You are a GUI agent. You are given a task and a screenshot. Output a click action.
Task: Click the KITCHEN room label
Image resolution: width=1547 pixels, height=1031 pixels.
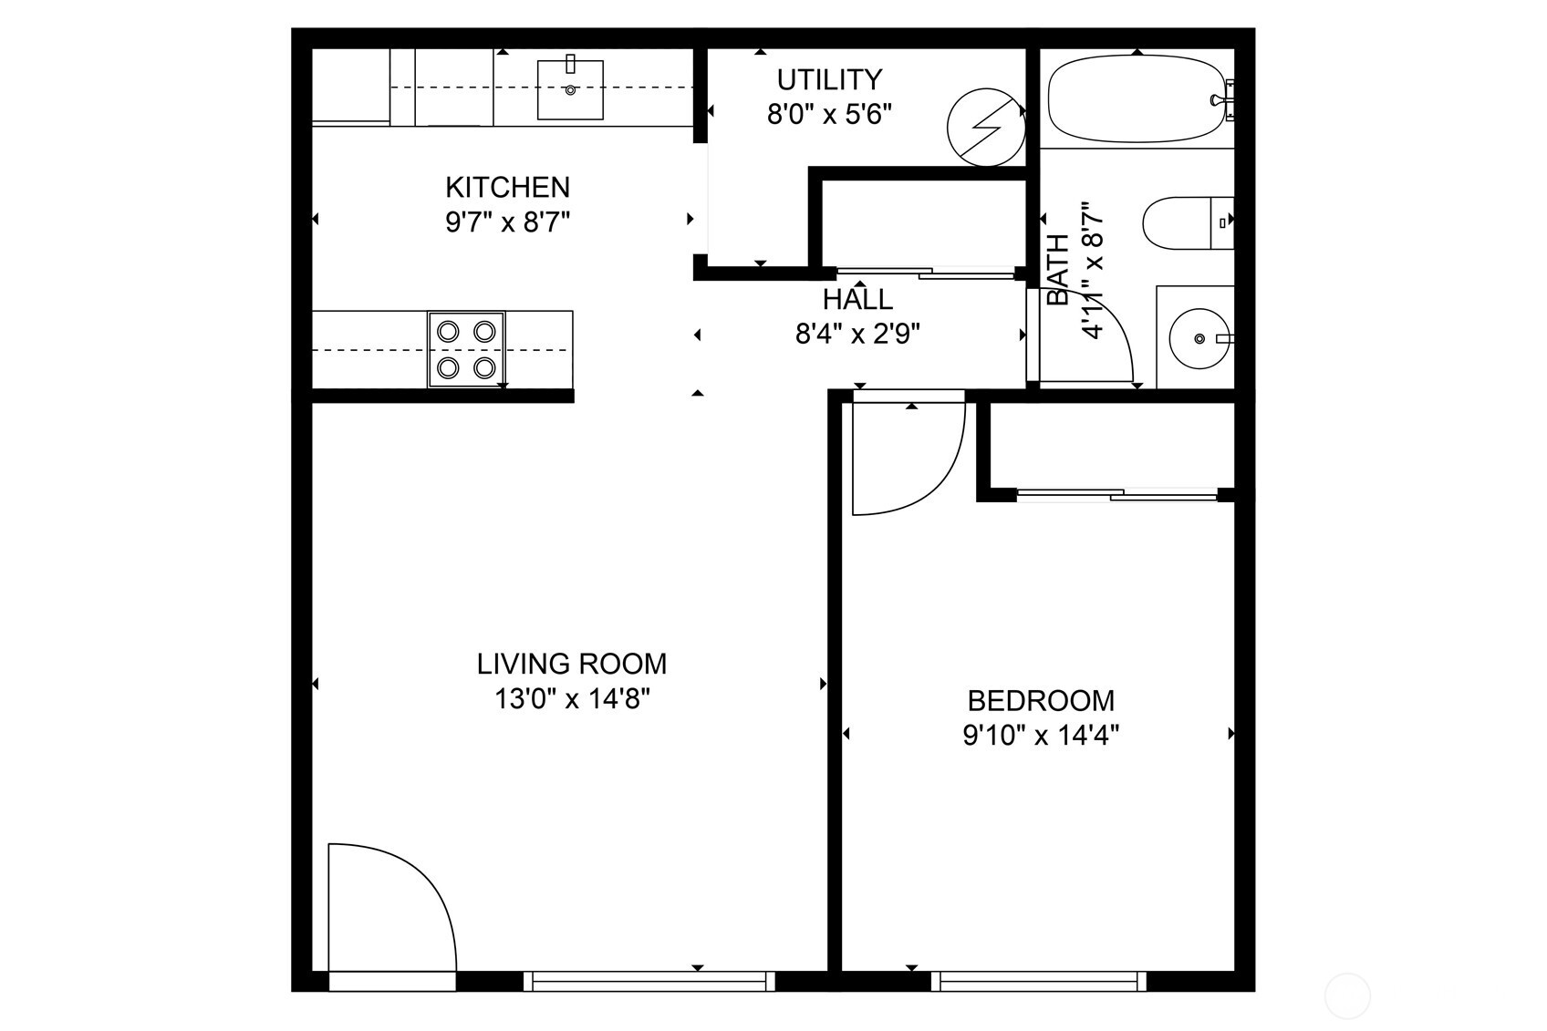click(507, 187)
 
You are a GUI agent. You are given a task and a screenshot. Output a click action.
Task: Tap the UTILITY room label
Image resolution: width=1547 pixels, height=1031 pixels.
click(829, 80)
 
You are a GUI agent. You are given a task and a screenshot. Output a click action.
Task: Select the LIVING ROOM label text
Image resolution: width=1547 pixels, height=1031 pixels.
click(572, 664)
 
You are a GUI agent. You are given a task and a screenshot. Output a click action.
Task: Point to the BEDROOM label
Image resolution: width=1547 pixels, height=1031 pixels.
click(1041, 701)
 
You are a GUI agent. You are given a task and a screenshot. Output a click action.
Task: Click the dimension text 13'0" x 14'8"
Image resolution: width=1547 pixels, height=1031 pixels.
click(572, 699)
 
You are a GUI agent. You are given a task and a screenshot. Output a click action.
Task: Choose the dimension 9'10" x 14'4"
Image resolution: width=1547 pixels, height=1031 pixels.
click(1041, 735)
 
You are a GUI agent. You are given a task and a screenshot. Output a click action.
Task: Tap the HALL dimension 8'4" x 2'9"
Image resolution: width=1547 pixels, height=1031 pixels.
click(857, 335)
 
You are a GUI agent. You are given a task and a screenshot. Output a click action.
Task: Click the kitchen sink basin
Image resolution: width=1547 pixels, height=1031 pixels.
click(570, 89)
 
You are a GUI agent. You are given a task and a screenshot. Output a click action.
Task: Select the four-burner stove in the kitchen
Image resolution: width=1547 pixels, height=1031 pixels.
click(466, 349)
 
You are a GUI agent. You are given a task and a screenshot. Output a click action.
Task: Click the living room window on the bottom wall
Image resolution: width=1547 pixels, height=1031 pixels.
click(649, 981)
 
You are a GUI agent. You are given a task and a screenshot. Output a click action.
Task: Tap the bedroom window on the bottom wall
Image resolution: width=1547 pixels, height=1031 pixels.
click(1038, 981)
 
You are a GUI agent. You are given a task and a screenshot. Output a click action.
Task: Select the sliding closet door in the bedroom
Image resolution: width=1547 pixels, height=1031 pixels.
click(1117, 495)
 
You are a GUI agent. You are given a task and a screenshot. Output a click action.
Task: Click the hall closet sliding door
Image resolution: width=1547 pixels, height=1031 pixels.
click(926, 272)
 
